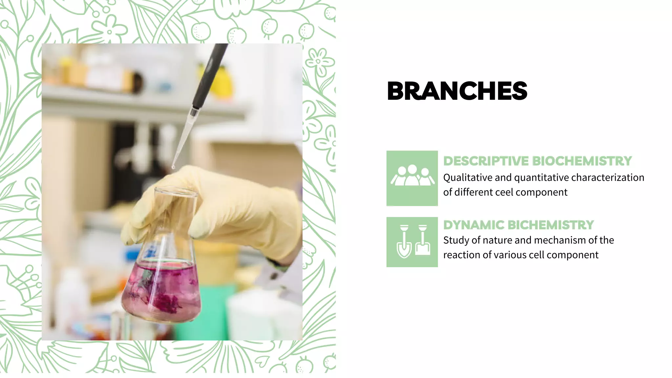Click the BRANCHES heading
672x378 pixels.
tap(457, 91)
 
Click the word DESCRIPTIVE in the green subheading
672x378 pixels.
tap(486, 161)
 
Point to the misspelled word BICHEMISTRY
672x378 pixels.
tap(551, 225)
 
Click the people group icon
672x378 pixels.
tap(412, 178)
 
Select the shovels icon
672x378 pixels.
tap(412, 242)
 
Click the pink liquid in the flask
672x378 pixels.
tap(161, 289)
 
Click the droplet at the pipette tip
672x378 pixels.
tap(173, 167)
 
